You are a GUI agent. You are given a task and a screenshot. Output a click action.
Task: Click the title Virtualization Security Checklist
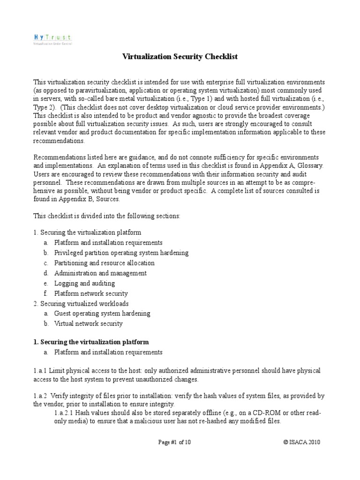tap(180, 57)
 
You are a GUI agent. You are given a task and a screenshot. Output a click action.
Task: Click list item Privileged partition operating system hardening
tap(121, 253)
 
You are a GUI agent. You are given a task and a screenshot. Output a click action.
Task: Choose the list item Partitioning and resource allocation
tap(104, 263)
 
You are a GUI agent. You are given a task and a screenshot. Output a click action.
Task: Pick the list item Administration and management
tap(100, 273)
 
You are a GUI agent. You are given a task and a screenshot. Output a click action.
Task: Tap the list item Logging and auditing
tap(84, 284)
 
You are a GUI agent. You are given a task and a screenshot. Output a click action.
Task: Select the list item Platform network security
tap(91, 294)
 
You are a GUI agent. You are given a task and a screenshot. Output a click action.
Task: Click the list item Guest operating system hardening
tap(102, 314)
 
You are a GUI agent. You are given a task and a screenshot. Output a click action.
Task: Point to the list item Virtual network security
tap(88, 324)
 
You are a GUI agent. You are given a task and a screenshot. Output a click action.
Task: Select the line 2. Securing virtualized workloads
tap(81, 304)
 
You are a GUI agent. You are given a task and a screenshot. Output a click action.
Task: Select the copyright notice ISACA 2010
tap(302, 442)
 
